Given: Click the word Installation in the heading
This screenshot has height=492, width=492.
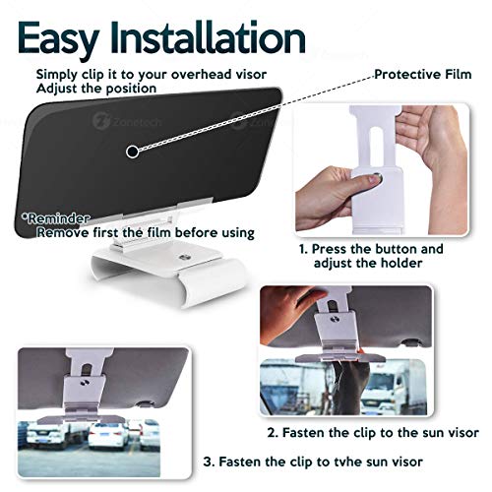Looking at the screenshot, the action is [208, 37].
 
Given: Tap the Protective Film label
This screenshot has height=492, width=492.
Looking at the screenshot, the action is [423, 74].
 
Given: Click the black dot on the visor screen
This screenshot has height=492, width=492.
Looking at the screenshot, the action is [132, 152].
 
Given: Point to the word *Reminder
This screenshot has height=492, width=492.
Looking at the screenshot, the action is [55, 218].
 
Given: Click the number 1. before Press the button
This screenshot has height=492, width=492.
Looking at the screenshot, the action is [303, 249].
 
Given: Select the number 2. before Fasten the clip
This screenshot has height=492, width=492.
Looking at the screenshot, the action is [273, 433].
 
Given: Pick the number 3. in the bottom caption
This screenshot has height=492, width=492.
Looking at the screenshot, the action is [209, 461].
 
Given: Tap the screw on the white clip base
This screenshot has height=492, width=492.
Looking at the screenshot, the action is [184, 257].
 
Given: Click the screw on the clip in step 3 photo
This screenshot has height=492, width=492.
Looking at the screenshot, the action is [86, 383].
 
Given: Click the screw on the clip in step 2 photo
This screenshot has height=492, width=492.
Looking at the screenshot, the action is [335, 319].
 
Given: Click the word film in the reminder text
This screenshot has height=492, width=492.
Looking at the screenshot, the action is [158, 232].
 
